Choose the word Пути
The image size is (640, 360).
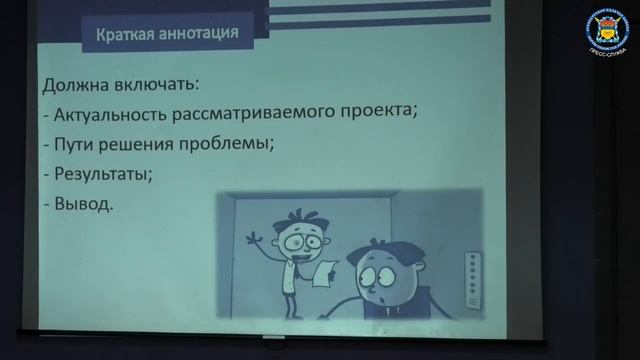[74, 144]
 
